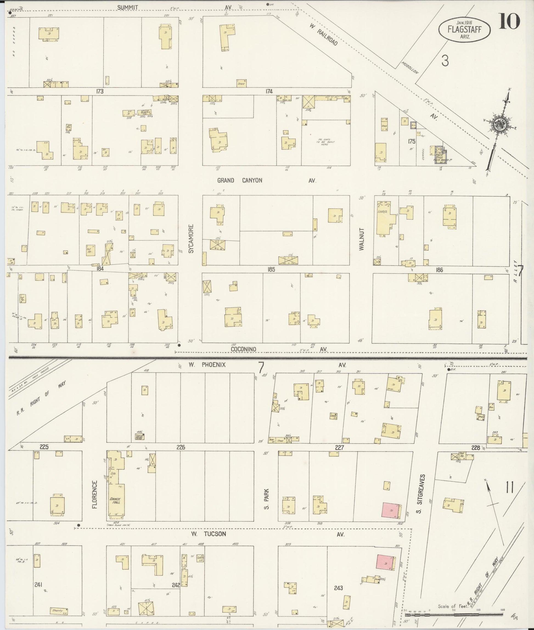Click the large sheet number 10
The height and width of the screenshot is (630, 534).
click(x=510, y=22)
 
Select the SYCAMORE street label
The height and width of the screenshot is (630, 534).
click(x=191, y=238)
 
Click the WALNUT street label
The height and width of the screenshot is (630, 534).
click(x=362, y=239)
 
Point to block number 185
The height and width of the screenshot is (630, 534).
click(x=271, y=269)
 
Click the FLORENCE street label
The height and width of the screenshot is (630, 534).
click(x=95, y=494)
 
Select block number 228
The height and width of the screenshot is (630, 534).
click(x=476, y=448)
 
